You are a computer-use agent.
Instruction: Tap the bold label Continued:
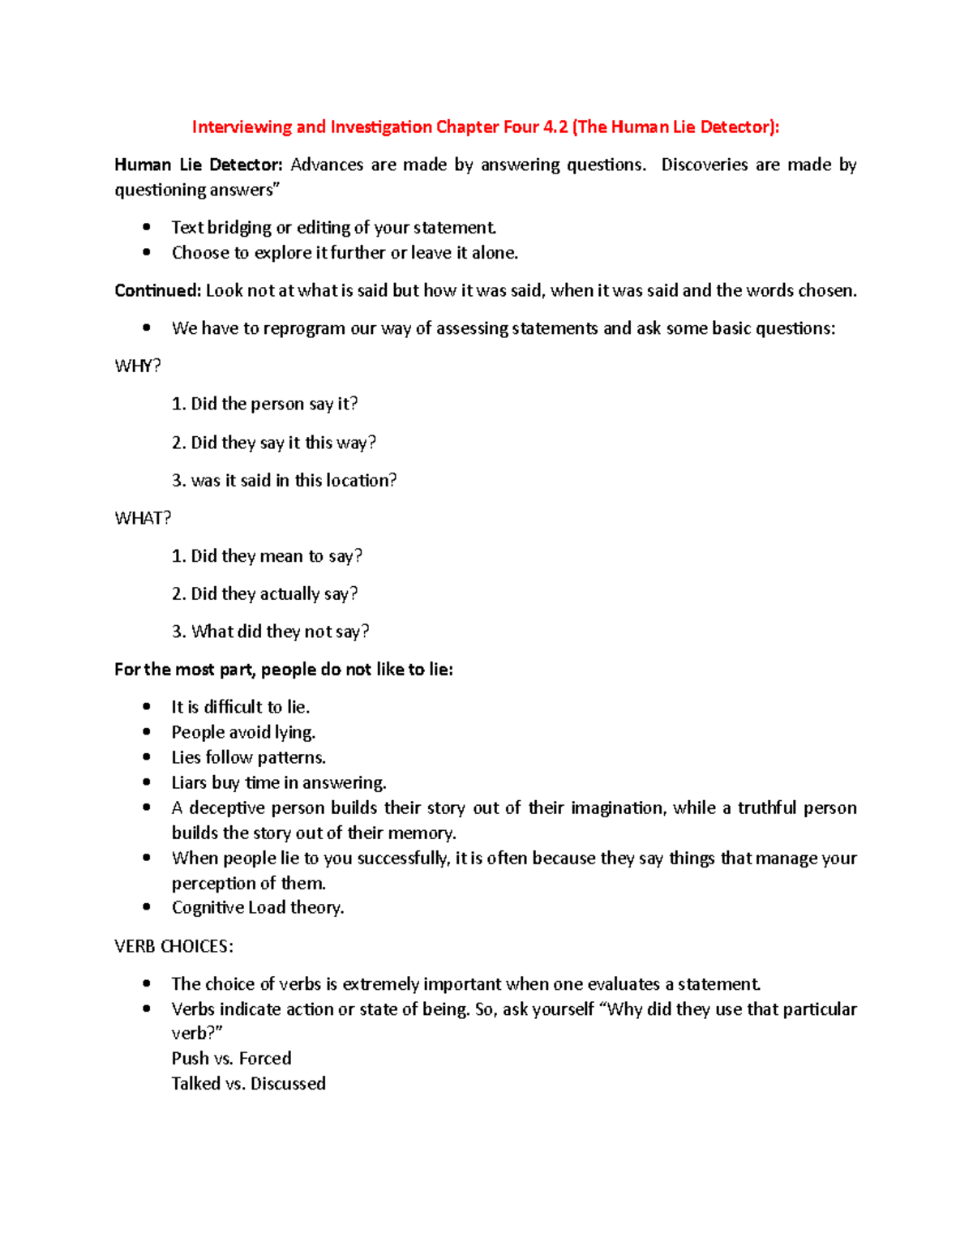(x=157, y=290)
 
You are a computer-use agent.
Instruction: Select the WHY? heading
(x=138, y=366)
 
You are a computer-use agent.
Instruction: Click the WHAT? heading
(x=143, y=518)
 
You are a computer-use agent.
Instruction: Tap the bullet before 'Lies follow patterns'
(x=147, y=757)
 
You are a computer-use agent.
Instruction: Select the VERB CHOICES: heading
(x=174, y=946)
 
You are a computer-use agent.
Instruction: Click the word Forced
(x=265, y=1058)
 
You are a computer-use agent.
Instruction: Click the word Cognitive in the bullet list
(x=208, y=907)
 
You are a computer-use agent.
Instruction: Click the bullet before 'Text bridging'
(x=147, y=228)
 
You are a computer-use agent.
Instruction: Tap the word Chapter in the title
(x=467, y=126)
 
